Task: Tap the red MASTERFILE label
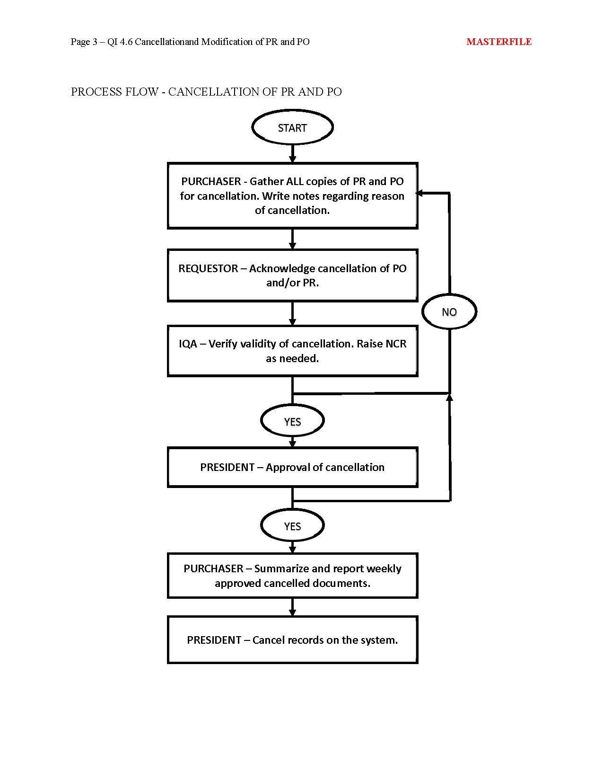point(499,42)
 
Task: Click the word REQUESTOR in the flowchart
point(208,268)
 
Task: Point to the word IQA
point(188,344)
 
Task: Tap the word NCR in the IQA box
point(396,344)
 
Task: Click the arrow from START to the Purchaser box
point(292,153)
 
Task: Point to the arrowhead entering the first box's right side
point(419,194)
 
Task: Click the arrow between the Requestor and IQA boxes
point(292,313)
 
